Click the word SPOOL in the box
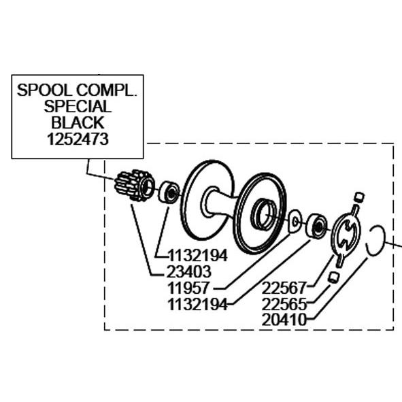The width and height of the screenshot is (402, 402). [45, 90]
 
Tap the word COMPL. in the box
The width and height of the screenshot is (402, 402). [106, 90]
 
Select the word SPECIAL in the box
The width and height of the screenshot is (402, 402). [78, 106]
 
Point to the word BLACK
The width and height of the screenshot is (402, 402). [78, 122]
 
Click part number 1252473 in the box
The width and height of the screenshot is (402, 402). [78, 139]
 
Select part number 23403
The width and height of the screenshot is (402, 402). [188, 271]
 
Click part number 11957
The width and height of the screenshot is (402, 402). [188, 288]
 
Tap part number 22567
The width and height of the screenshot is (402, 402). [284, 288]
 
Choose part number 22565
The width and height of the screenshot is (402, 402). [284, 304]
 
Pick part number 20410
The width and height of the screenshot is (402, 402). [284, 320]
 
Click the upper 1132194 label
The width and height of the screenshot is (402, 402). [198, 255]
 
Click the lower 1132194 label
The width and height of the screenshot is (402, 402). [198, 305]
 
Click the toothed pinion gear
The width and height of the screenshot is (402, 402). [135, 185]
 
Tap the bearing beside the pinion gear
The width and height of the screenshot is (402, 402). [169, 192]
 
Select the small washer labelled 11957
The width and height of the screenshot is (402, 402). [295, 221]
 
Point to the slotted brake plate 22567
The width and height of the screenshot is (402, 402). [346, 236]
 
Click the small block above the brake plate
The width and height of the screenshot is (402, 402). [359, 197]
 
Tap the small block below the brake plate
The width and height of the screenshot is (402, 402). [334, 278]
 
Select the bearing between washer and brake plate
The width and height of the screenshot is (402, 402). [316, 226]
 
